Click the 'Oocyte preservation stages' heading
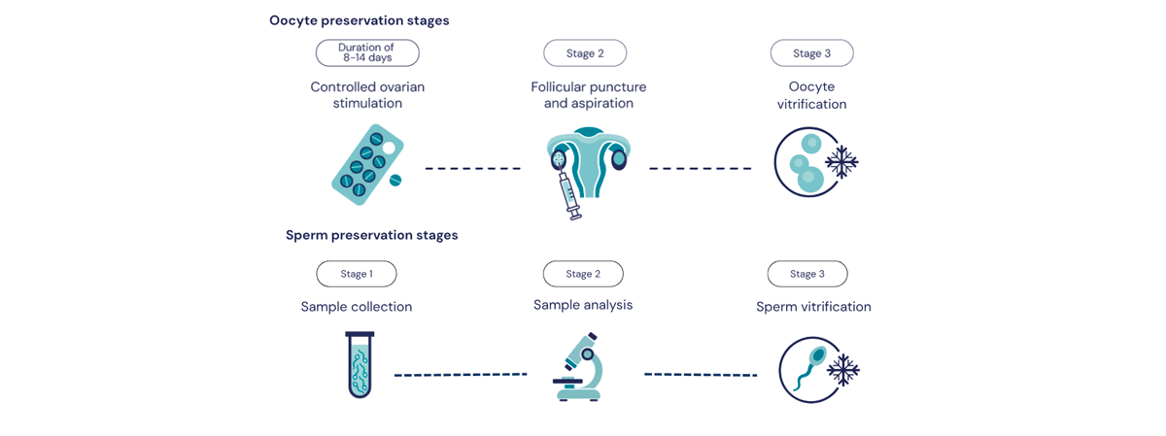click(360, 20)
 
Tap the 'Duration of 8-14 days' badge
click(367, 53)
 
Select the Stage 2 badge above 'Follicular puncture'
click(585, 53)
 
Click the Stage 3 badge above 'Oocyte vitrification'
click(812, 53)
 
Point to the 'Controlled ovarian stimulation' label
click(367, 95)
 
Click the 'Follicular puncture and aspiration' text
click(589, 95)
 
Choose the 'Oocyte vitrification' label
click(812, 95)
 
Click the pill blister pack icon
click(367, 164)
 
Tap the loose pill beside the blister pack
click(395, 180)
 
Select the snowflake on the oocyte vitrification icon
click(841, 162)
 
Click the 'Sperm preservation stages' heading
click(371, 235)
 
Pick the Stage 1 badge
click(357, 274)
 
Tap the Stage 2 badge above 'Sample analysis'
click(583, 274)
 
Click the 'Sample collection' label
click(357, 307)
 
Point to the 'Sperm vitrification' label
click(813, 307)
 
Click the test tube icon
click(360, 365)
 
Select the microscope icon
click(578, 367)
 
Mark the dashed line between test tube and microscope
click(461, 375)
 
